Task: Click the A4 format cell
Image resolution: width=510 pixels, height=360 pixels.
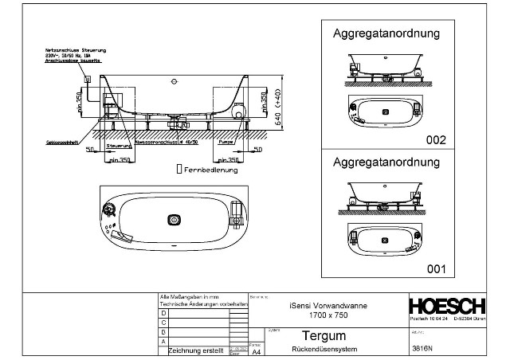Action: pyautogui.click(x=256, y=349)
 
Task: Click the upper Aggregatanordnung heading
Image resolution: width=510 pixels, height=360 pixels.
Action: pyautogui.click(x=386, y=34)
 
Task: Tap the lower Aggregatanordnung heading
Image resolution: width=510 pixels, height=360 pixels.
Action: pyautogui.click(x=386, y=162)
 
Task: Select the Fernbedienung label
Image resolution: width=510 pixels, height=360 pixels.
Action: pyautogui.click(x=209, y=170)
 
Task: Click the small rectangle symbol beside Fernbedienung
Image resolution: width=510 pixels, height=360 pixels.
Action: pyautogui.click(x=178, y=170)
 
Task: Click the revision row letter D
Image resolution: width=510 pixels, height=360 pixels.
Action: pyautogui.click(x=165, y=313)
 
